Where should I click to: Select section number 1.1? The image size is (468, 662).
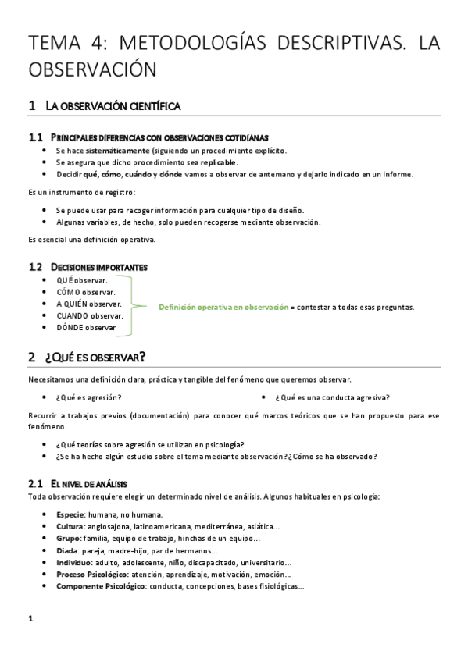[34, 137]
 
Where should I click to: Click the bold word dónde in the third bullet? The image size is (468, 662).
[170, 174]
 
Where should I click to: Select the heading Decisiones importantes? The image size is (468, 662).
[99, 267]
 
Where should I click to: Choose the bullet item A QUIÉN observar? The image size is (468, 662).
[89, 304]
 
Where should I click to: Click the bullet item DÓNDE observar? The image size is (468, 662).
[86, 328]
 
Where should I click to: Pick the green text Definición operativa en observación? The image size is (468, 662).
[223, 307]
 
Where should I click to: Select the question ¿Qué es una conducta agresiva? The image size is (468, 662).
[333, 397]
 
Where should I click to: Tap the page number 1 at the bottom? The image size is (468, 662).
[30, 621]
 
